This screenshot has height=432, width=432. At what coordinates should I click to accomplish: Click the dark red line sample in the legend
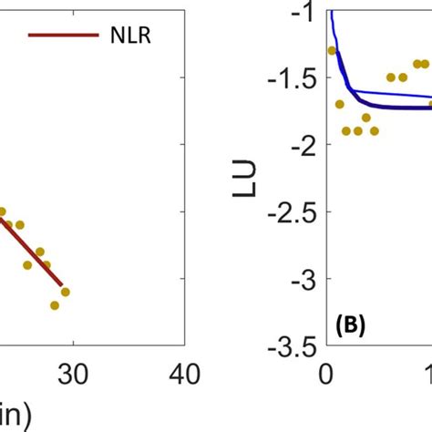click(x=63, y=36)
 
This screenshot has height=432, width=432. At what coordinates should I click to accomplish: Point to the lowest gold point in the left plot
click(x=55, y=305)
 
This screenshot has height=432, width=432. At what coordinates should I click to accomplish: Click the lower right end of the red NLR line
click(x=62, y=285)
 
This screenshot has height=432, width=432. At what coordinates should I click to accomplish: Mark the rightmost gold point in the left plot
click(x=66, y=292)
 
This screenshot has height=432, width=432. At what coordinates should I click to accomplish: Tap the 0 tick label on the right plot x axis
click(x=325, y=374)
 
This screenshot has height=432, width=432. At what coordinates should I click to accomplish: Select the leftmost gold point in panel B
click(x=332, y=50)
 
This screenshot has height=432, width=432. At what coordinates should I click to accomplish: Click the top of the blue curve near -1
click(x=332, y=11)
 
